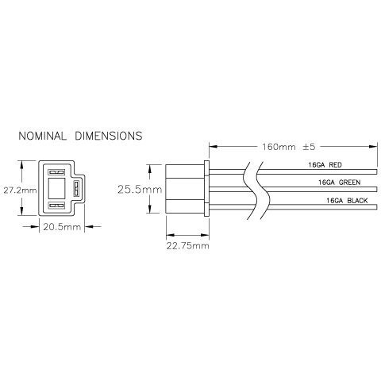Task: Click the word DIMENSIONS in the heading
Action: pos(109,136)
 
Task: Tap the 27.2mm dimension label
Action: pos(18,191)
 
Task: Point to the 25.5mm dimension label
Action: pos(138,190)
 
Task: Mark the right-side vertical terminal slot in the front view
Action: pos(75,189)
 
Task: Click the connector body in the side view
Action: pos(184,190)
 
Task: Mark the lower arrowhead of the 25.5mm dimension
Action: pos(151,213)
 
